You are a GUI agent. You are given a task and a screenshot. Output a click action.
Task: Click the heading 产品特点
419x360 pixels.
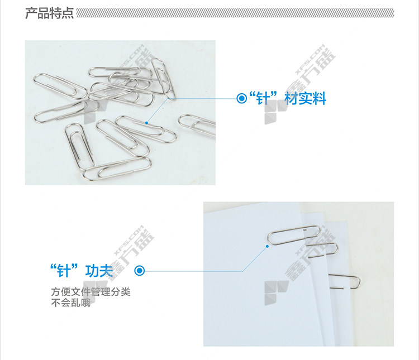49,13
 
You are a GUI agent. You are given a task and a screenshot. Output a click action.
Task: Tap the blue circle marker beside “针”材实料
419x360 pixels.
241,98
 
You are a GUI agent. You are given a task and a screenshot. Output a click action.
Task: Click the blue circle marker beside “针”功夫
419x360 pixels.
139,271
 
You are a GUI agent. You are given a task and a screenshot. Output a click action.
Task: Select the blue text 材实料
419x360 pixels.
305,98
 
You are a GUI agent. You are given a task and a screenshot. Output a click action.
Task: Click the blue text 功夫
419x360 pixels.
99,271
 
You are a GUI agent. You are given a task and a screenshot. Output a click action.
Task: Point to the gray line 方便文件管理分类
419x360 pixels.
91,292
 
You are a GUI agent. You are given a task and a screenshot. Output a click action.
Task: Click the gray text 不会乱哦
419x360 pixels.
71,303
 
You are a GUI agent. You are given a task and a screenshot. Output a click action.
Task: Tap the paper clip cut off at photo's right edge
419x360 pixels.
197,125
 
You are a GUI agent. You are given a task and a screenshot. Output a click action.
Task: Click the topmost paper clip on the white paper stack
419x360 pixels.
294,235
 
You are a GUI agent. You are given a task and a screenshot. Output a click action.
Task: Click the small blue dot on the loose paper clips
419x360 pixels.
146,123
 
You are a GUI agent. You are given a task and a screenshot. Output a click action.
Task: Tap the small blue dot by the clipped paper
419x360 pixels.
267,246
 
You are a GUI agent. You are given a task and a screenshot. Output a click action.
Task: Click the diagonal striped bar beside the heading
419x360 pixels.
235,13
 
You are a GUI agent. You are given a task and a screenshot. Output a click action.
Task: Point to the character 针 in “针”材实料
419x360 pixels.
263,98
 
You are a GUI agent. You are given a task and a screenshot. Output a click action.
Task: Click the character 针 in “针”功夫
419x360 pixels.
64,271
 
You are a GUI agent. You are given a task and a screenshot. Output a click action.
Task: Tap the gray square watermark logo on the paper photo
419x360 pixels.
277,292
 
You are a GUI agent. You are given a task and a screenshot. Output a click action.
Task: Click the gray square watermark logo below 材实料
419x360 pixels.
277,112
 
